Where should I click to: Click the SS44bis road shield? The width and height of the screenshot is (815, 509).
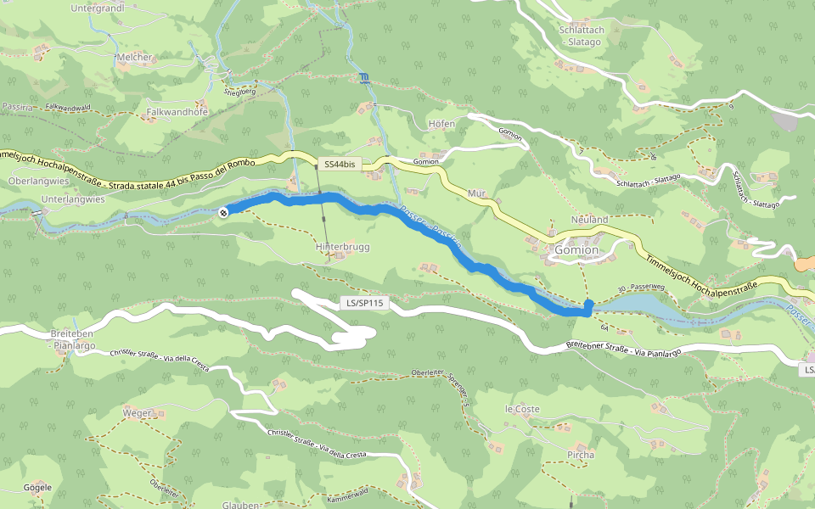(340, 163)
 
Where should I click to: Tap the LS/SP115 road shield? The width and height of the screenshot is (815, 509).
(363, 302)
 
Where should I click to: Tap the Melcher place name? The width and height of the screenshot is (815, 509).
(135, 57)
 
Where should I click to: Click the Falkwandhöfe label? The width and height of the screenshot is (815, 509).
(177, 111)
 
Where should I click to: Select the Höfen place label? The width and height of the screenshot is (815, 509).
(441, 124)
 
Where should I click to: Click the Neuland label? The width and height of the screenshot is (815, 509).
(590, 219)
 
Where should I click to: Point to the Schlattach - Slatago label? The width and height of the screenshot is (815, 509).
(581, 35)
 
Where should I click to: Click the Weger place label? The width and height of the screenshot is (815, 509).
(137, 413)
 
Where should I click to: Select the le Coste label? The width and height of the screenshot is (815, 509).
(522, 408)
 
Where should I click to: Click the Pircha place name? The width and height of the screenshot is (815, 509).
(580, 455)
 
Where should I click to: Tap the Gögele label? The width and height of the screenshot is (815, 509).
(37, 488)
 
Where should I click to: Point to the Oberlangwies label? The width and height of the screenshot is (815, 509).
(37, 181)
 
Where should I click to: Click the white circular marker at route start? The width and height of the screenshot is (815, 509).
(223, 213)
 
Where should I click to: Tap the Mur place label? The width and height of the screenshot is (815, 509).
(476, 193)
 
